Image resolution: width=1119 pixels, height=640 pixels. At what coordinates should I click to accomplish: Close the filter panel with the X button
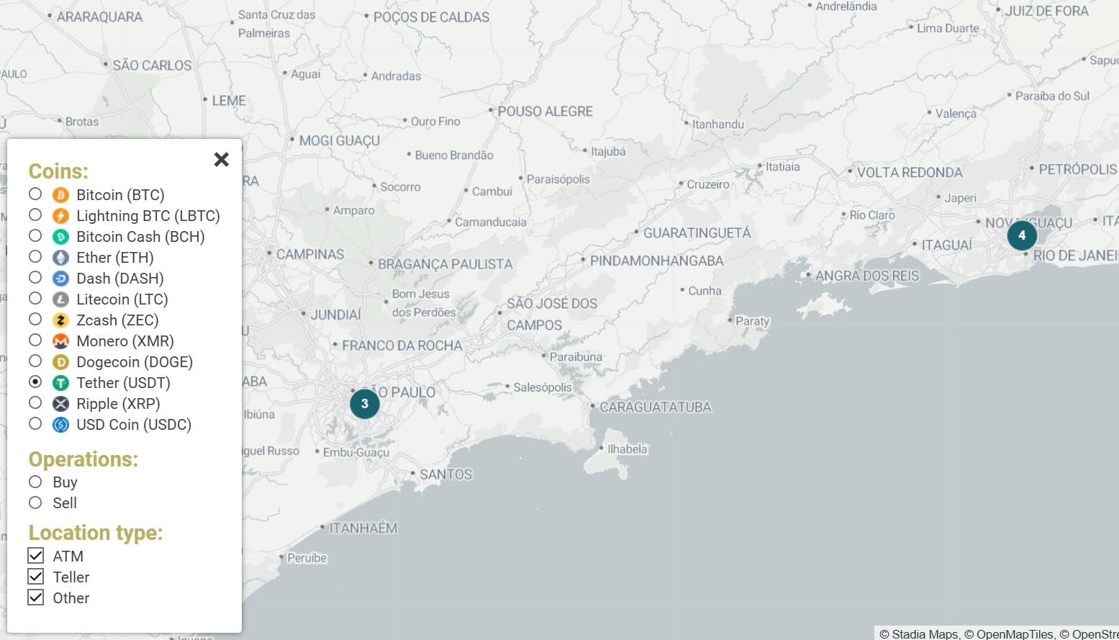pyautogui.click(x=222, y=159)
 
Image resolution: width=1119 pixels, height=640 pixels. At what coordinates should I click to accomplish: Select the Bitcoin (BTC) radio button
pyautogui.click(x=35, y=194)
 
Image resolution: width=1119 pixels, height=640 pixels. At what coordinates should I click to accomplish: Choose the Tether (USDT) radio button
pyautogui.click(x=35, y=382)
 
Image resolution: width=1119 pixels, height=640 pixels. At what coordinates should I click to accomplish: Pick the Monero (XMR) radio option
pyautogui.click(x=35, y=341)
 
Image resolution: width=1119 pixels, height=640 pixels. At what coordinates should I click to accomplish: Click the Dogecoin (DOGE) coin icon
pyautogui.click(x=61, y=362)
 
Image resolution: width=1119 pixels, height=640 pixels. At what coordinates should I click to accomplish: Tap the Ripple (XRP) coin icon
pyautogui.click(x=61, y=404)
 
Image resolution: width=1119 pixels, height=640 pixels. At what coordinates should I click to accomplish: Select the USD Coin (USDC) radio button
pyautogui.click(x=35, y=424)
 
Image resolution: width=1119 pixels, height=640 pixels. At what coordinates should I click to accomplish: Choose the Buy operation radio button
pyautogui.click(x=35, y=482)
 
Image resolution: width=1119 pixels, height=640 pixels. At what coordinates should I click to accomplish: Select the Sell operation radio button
pyautogui.click(x=35, y=502)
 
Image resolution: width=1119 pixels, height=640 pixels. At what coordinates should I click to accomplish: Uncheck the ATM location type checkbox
pyautogui.click(x=36, y=556)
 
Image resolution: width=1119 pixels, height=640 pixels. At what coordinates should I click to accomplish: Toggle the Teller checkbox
pyautogui.click(x=36, y=577)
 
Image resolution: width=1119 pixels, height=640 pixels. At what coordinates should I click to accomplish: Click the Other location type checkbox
pyautogui.click(x=36, y=598)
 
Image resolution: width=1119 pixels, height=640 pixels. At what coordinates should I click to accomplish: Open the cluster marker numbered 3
pyautogui.click(x=365, y=404)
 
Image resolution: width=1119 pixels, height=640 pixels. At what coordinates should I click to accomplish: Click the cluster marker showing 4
pyautogui.click(x=1022, y=235)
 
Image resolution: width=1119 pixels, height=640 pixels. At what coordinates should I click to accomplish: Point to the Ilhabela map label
pyautogui.click(x=627, y=449)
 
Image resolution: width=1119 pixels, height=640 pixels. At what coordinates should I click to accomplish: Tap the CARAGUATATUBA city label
pyautogui.click(x=655, y=407)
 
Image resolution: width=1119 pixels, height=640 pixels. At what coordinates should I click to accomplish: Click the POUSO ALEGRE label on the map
pyautogui.click(x=545, y=112)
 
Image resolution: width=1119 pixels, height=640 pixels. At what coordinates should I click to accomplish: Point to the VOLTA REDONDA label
pyautogui.click(x=909, y=173)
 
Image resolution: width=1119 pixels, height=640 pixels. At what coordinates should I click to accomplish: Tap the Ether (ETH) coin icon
pyautogui.click(x=61, y=258)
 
